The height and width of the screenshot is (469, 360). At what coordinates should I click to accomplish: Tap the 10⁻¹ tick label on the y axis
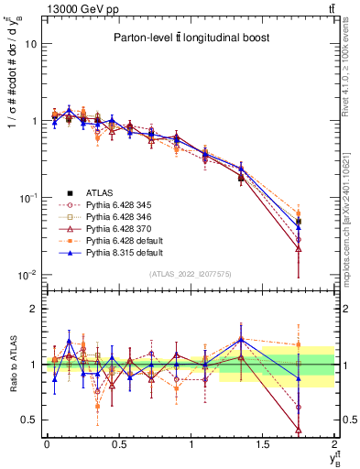(27, 198)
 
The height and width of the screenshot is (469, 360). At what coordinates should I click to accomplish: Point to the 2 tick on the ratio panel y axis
(34, 310)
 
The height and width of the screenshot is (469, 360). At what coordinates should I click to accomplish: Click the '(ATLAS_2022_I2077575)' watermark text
(190, 274)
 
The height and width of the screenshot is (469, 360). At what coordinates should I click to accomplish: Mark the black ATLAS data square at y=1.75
(299, 222)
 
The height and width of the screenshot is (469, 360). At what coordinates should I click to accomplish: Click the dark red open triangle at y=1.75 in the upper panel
(299, 248)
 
